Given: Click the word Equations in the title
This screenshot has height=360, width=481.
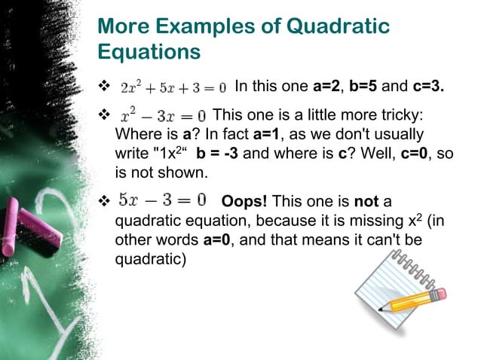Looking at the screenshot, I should coord(149,52).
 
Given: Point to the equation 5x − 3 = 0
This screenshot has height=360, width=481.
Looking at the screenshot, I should coord(163,200).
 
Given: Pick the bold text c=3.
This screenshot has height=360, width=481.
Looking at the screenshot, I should coord(427,86).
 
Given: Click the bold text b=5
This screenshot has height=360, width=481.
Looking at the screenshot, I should coord(367,86).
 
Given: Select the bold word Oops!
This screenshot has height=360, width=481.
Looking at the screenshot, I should coord(244,201).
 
